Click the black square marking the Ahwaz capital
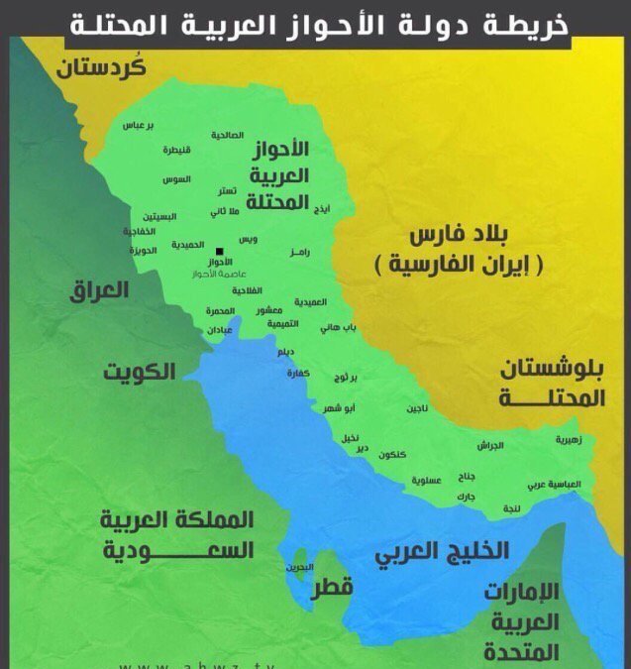(219, 251)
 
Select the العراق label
(100, 290)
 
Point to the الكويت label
(140, 372)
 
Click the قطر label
(333, 588)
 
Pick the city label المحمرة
(221, 311)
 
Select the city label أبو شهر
(339, 407)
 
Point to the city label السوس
(176, 179)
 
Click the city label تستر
(227, 190)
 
